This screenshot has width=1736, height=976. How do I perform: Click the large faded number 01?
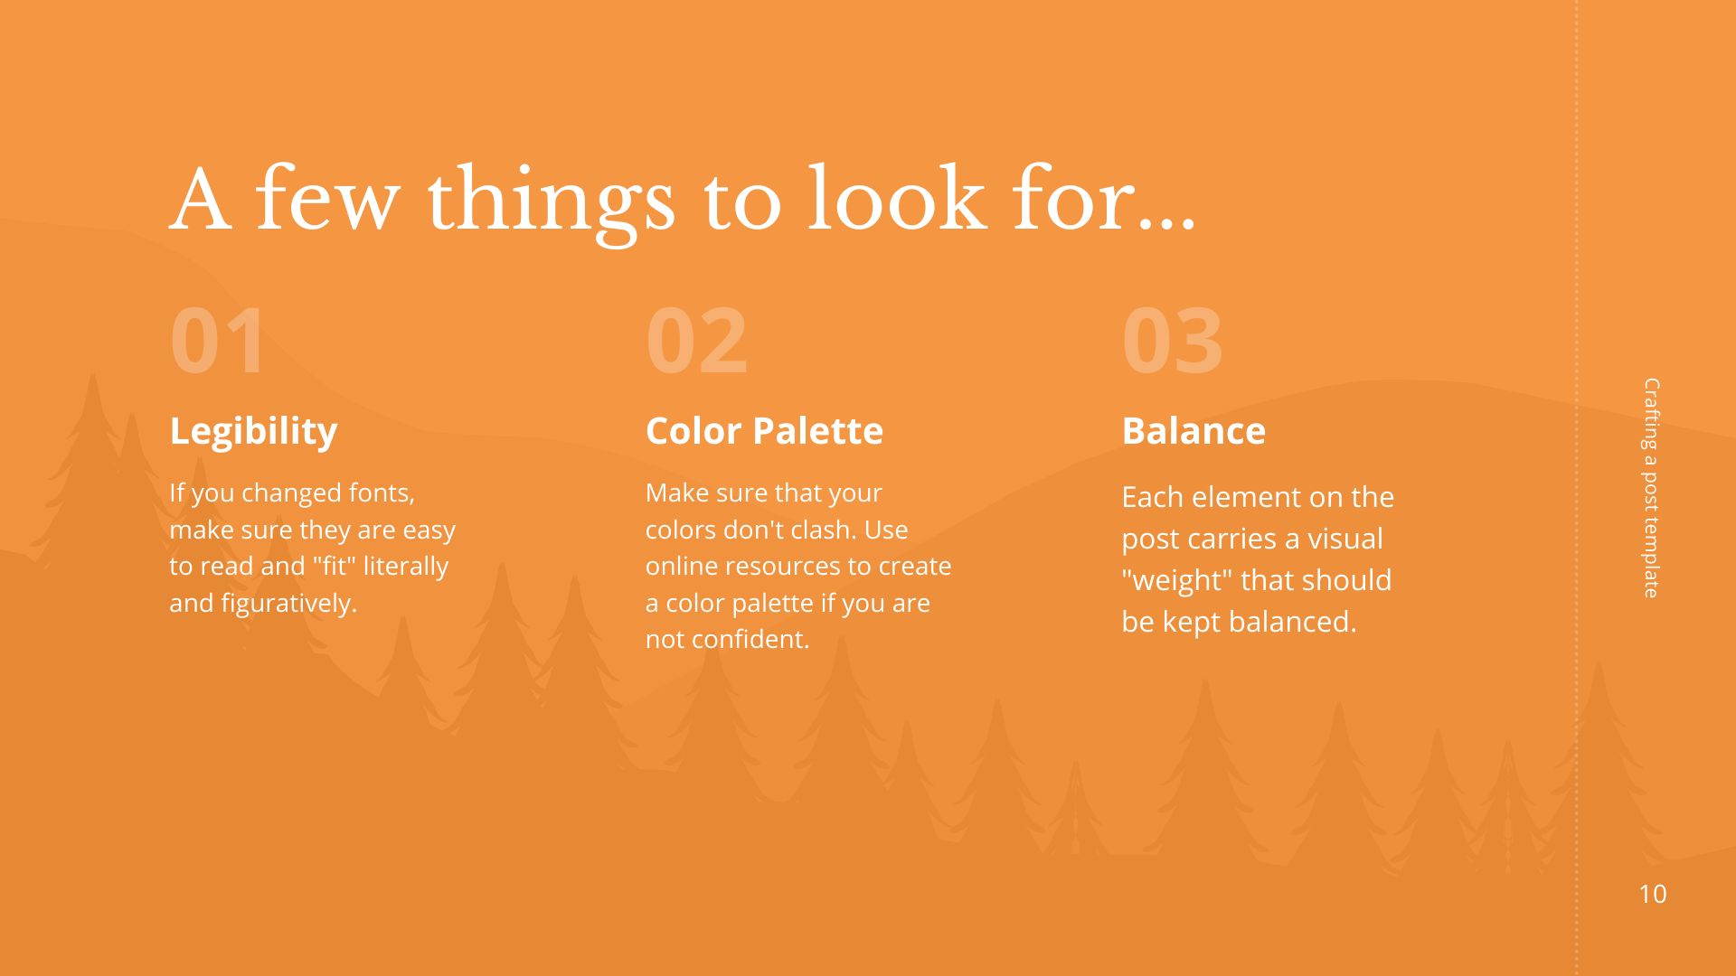[x=217, y=341]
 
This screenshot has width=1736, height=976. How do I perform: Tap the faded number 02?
[x=696, y=341]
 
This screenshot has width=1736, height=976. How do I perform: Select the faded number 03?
[x=1173, y=341]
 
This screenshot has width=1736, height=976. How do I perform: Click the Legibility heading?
[x=253, y=432]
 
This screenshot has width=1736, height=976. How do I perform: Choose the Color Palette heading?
[x=764, y=431]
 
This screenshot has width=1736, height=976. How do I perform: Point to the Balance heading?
[x=1193, y=431]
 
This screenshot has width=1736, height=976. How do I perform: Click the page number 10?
[x=1653, y=894]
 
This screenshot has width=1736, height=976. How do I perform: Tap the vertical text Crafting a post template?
[x=1652, y=488]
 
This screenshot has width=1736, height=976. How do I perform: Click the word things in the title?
[x=552, y=202]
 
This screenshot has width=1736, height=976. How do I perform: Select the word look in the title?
[x=897, y=199]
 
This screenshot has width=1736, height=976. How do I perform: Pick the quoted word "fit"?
[x=335, y=566]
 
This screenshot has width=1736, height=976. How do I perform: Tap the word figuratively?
[x=289, y=604]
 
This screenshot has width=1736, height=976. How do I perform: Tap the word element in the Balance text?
[x=1246, y=497]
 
